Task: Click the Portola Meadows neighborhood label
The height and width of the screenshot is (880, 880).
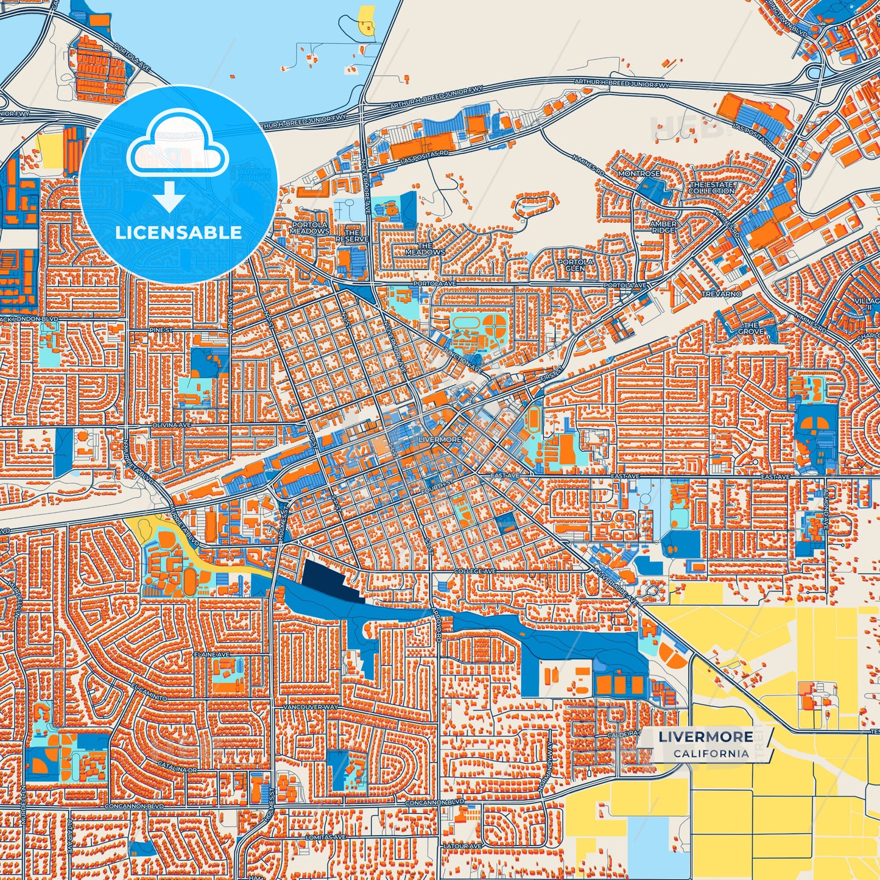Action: [309, 228]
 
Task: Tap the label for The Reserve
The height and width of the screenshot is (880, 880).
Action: [352, 236]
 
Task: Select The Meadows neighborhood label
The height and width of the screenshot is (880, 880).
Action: [425, 248]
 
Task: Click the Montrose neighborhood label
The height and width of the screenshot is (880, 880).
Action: [639, 174]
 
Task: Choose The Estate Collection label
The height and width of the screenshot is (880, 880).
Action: [712, 188]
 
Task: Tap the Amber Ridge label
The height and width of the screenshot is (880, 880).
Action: [663, 227]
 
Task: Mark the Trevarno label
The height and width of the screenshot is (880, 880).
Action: [722, 294]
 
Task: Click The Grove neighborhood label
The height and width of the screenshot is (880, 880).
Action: [750, 328]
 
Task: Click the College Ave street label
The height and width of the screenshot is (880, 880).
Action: [475, 571]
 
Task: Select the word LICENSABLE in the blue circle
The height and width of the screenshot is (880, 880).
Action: [178, 233]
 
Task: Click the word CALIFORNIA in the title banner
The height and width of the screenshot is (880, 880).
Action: [711, 753]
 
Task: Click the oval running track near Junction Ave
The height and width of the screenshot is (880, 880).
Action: [464, 322]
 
